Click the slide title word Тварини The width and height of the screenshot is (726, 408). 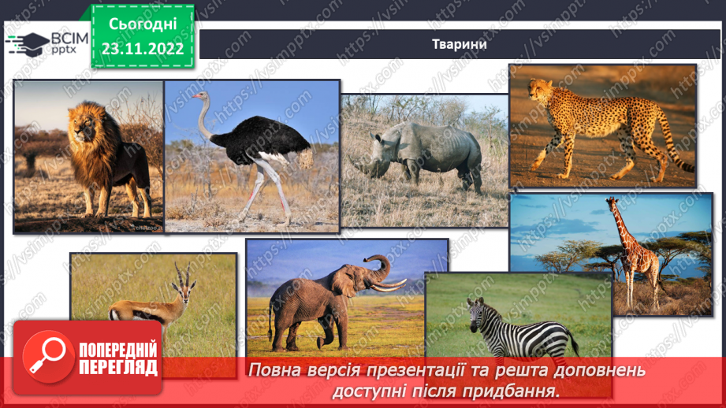[x=459, y=44]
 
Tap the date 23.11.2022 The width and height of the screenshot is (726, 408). [x=143, y=49]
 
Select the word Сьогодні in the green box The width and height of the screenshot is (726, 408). [x=143, y=24]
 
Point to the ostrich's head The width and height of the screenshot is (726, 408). [x=204, y=97]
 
